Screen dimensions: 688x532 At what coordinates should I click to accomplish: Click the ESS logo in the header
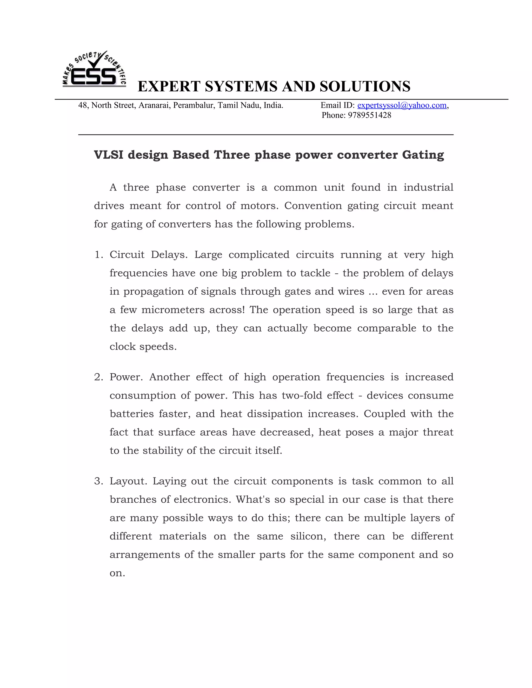[94, 70]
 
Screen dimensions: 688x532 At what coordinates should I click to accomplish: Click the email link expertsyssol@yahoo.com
[402, 105]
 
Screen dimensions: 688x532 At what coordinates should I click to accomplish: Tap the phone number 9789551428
[369, 115]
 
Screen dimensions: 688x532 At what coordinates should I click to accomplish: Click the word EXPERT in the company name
[169, 86]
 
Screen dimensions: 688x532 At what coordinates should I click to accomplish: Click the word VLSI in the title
[108, 155]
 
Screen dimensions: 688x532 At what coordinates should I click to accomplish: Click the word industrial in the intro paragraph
[428, 187]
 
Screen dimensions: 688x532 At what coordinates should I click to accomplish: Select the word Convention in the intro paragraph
[313, 206]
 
